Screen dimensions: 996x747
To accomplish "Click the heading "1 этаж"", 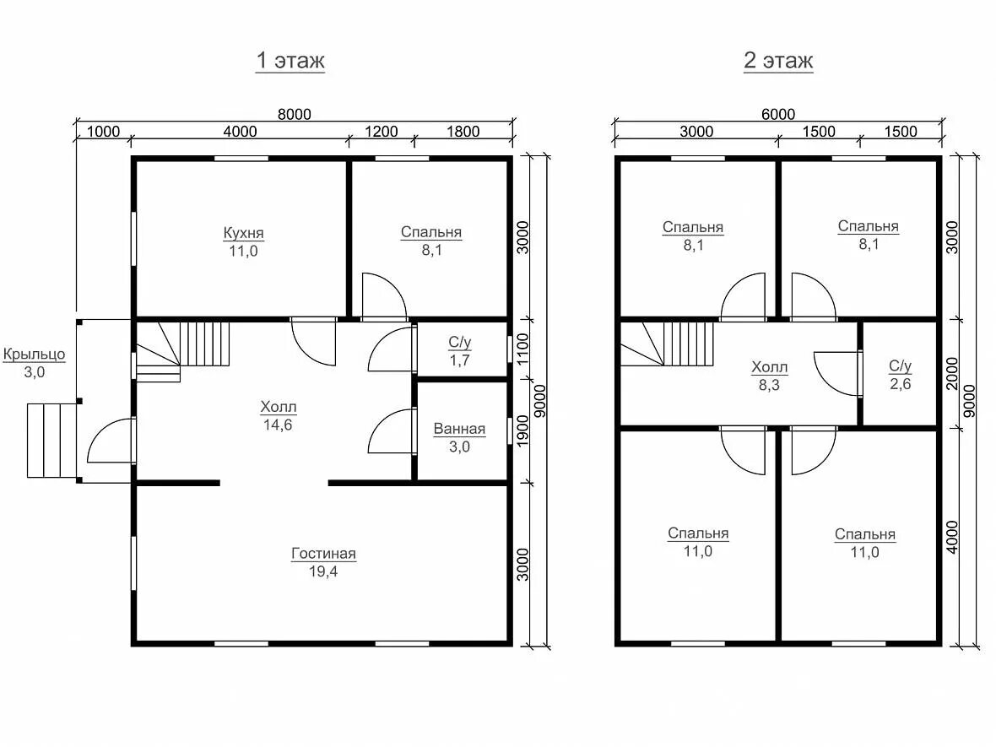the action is [x=290, y=60].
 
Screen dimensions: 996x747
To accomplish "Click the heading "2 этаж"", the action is [x=778, y=60].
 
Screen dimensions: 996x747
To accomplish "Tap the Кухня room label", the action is [x=243, y=232].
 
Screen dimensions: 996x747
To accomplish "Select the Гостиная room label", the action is [x=323, y=553].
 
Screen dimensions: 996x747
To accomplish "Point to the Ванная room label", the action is [x=459, y=429].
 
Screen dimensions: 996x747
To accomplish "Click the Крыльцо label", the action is [x=35, y=354].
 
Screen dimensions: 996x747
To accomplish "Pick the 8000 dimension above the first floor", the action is [x=295, y=114].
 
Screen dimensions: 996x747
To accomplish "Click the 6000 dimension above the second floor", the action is [x=778, y=114].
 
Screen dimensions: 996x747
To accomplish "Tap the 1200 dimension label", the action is [x=382, y=132].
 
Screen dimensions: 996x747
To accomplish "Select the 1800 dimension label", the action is [x=463, y=132].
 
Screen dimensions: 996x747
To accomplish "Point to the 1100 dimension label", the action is [x=522, y=349].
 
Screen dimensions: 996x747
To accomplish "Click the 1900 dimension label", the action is [x=522, y=430].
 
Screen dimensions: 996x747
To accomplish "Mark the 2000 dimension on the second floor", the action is [x=951, y=373].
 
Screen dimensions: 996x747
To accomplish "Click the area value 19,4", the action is [x=323, y=571].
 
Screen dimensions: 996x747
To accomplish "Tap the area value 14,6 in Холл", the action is [x=279, y=425].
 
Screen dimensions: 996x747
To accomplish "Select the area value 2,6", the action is [x=900, y=384].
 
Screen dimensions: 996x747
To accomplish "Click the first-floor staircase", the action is [x=183, y=351].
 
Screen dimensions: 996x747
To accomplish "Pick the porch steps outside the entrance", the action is [x=52, y=441].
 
